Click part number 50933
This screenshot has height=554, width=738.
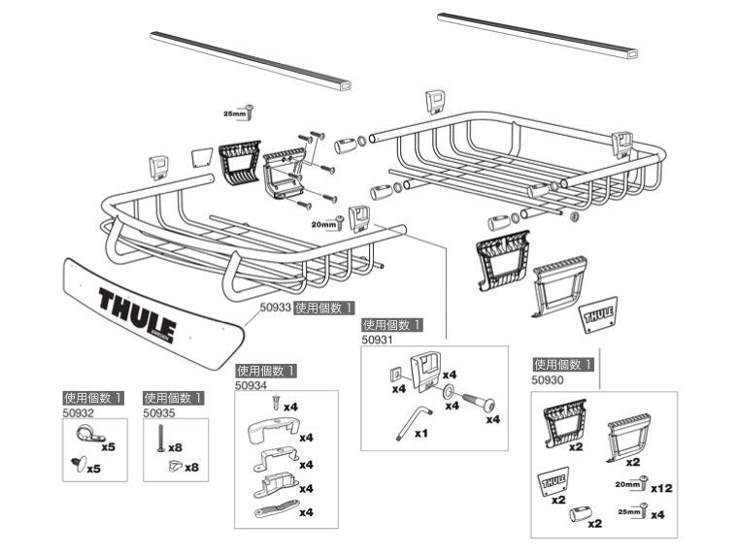(x=275, y=308)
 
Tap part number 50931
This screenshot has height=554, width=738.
(x=377, y=341)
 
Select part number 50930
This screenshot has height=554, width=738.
(x=548, y=380)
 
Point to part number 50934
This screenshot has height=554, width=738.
(x=251, y=385)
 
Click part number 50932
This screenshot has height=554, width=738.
(x=78, y=412)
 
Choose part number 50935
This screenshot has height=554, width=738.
(x=158, y=412)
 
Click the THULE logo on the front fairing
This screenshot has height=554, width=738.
(x=136, y=310)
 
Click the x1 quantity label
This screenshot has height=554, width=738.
(x=420, y=434)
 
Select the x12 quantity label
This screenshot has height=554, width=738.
(x=661, y=488)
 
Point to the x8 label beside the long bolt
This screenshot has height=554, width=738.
(x=175, y=448)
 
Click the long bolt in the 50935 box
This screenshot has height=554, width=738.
(x=153, y=445)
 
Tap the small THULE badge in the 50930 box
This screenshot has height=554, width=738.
(x=552, y=480)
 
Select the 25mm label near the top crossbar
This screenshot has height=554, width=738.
(x=234, y=114)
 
